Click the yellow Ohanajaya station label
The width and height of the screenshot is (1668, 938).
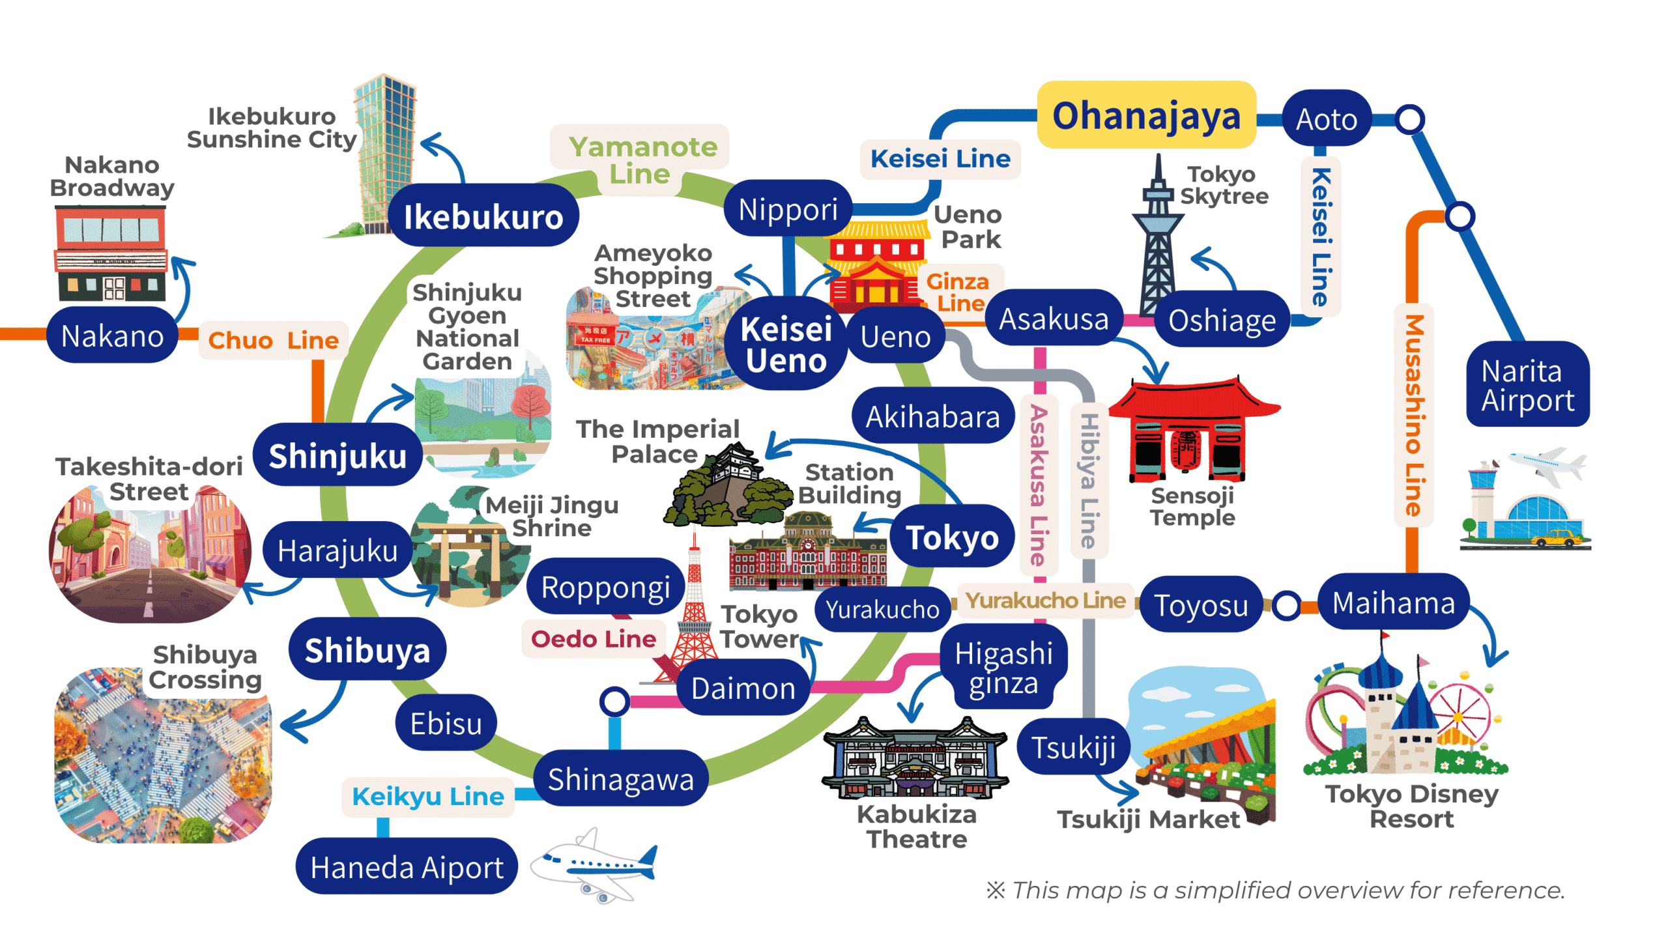coord(1146,116)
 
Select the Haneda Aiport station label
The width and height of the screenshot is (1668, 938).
coord(407,867)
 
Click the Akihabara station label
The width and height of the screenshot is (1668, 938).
coord(932,416)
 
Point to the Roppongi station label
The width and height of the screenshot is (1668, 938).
coord(605,587)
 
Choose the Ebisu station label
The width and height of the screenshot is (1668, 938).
coord(446,724)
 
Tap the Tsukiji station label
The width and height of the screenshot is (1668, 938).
coord(1073,747)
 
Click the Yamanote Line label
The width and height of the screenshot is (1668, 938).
coord(641,160)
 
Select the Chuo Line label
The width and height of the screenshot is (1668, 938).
coord(273,340)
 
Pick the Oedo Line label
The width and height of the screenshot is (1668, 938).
coord(593,639)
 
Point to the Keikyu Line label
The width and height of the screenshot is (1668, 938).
coord(427,796)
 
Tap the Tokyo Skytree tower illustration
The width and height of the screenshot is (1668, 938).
coord(1157,241)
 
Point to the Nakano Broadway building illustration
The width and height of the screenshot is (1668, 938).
coord(111,254)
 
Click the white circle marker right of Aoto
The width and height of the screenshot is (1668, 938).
coord(1409,119)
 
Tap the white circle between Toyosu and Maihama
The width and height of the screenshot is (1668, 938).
coord(1287,606)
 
